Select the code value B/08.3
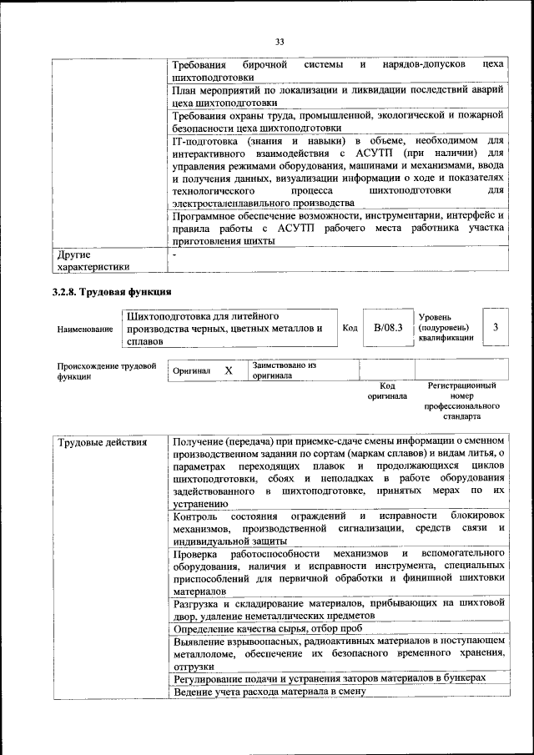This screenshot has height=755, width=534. pyautogui.click(x=388, y=328)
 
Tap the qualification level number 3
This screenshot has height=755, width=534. pyautogui.click(x=496, y=327)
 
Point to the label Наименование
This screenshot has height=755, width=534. pyautogui.click(x=85, y=330)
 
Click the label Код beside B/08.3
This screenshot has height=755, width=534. pyautogui.click(x=350, y=328)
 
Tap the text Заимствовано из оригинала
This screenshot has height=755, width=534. pyautogui.click(x=284, y=370)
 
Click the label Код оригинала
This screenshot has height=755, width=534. pyautogui.click(x=387, y=390)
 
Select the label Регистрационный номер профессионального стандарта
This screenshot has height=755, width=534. pyautogui.click(x=462, y=400)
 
